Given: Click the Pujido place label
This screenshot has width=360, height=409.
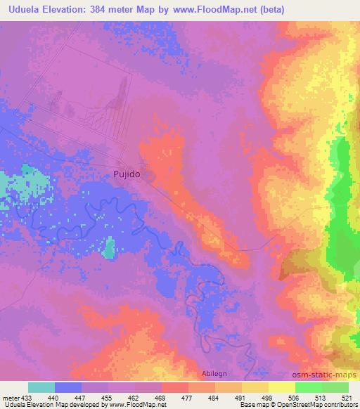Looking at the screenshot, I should [x=127, y=173].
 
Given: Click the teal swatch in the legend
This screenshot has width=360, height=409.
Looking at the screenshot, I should [x=41, y=387].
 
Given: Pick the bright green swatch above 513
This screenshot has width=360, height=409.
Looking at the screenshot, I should [x=308, y=387].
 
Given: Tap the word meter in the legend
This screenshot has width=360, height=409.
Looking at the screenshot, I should [x=12, y=397].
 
